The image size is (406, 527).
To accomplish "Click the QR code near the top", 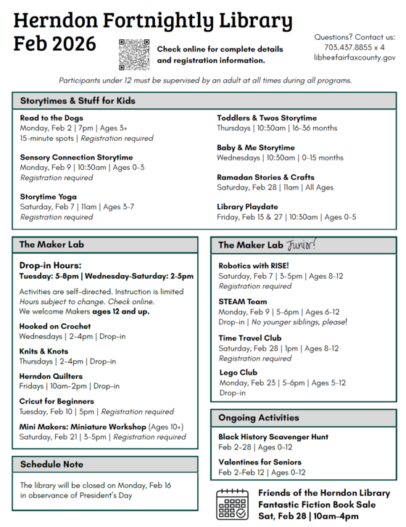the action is [134, 54].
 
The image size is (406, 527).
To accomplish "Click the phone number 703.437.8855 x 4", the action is [355, 47].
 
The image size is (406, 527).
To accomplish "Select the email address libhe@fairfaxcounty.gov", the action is [355, 57].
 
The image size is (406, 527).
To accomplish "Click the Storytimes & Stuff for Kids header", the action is [78, 101].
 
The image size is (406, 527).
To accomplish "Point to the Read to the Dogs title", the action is [51, 118].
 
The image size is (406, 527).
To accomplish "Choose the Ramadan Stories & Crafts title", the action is [265, 176].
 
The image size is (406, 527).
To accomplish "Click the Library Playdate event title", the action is [247, 206].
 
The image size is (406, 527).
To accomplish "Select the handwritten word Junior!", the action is [302, 245].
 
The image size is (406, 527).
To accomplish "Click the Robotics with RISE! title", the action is [254, 266].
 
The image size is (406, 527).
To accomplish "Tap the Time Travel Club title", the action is [250, 338].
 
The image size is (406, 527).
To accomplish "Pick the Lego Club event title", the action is [238, 372].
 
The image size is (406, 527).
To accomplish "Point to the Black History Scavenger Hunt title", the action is [273, 437].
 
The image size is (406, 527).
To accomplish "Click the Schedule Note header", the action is [51, 464].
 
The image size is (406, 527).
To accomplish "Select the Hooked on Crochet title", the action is [56, 327].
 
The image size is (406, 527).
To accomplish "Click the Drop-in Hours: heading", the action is [50, 266].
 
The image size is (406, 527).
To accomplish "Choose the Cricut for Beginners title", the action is [57, 401].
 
